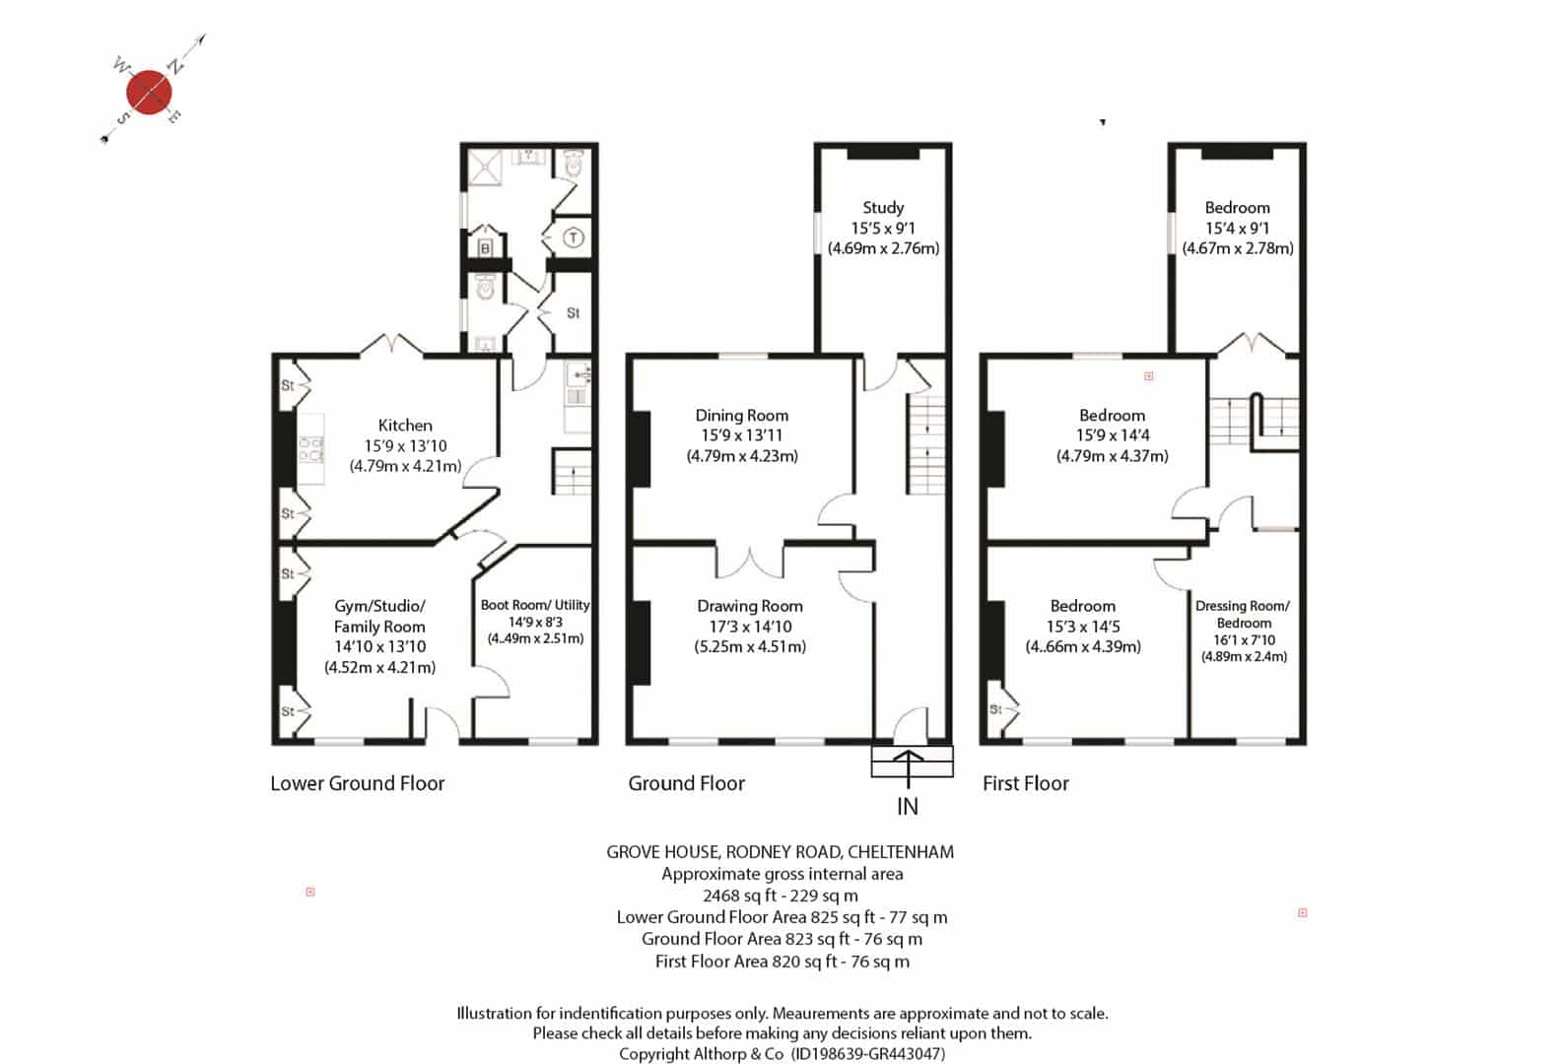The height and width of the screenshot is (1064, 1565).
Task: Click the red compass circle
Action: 149,92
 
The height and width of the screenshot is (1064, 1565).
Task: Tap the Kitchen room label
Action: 405,426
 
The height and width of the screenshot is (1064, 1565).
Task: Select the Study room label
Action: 883,208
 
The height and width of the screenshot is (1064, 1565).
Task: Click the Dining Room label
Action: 742,415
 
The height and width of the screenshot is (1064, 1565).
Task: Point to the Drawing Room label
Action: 750,606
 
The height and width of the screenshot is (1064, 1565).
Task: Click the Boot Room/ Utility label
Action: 535,605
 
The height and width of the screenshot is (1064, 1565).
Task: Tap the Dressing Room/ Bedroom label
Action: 1244,614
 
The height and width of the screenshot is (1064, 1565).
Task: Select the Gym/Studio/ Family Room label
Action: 379,616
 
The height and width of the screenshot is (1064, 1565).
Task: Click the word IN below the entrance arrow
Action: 908,807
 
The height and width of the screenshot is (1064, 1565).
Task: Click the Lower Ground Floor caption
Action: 357,783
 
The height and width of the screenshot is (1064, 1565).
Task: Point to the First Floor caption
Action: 1026,783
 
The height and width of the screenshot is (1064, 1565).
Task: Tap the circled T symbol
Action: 574,238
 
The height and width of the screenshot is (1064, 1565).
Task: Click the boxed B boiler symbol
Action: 486,248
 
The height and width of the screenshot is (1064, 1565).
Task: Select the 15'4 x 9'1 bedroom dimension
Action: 1238,228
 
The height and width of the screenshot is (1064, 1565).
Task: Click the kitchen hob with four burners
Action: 311,449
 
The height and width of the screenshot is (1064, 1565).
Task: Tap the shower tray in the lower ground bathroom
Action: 484,166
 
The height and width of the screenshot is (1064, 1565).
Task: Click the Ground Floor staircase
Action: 926,445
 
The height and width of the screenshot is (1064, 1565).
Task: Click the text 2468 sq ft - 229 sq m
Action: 781,896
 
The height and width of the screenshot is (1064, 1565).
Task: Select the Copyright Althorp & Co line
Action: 782,1053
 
